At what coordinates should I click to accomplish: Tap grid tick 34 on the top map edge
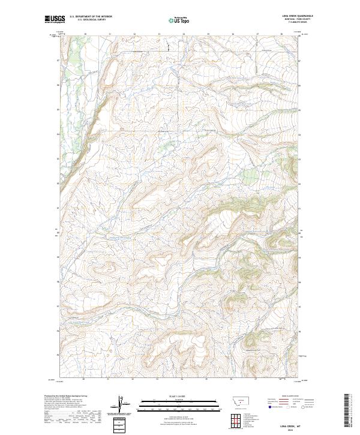pyautogui.click(x=184, y=34)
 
